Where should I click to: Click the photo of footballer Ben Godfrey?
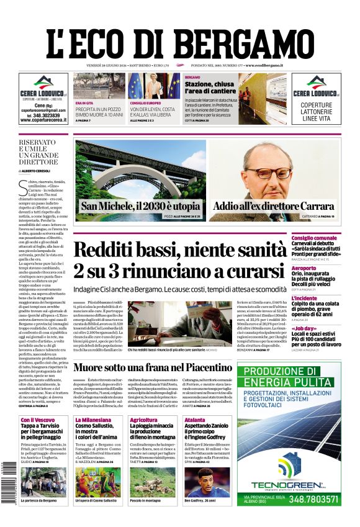pyautogui.click(x=207, y=482)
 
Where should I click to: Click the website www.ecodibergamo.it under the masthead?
pyautogui.click(x=264, y=65)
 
